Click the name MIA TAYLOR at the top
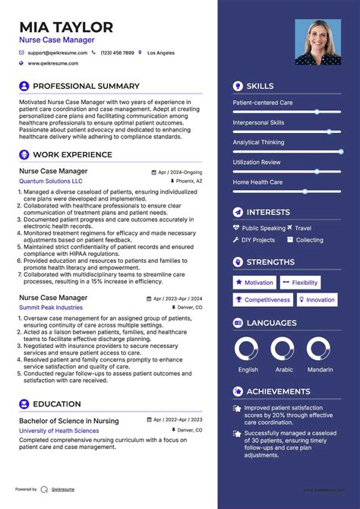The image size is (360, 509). point(66,27)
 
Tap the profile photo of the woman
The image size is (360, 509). point(317,42)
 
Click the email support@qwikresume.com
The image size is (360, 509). point(58,53)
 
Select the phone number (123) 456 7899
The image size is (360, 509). point(117,53)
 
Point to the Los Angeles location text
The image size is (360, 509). point(160,53)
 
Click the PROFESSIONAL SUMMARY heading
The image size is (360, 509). point(86,86)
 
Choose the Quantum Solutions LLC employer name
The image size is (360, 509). point(51,182)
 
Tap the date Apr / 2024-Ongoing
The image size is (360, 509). point(179,172)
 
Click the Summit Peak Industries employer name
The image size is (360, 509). point(51,307)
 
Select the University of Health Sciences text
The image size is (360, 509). point(58,431)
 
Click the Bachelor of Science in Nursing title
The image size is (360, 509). point(68,420)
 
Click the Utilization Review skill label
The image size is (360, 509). point(257,162)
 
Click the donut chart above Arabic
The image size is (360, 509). point(283,350)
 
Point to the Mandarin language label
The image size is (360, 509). point(319,369)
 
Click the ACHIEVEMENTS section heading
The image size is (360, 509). point(277,391)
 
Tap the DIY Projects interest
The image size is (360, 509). point(258,240)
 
